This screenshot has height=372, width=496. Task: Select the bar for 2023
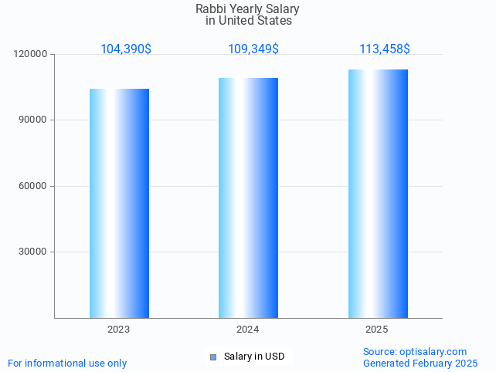click(119, 203)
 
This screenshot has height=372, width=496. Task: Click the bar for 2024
click(248, 198)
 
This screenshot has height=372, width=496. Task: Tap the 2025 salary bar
click(378, 194)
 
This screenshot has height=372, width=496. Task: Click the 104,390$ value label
click(126, 49)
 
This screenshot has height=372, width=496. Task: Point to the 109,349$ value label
click(253, 49)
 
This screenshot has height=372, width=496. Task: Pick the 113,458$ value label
click(385, 49)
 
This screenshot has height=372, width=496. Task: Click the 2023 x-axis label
click(118, 330)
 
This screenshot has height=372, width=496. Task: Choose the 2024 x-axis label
click(247, 330)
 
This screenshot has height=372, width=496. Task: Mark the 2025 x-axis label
click(376, 330)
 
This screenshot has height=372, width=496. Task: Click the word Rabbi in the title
click(211, 9)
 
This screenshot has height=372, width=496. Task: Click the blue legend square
click(213, 357)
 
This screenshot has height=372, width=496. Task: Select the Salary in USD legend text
click(254, 357)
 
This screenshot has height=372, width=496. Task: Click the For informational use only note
click(67, 363)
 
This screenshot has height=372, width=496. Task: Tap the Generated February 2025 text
click(420, 363)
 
